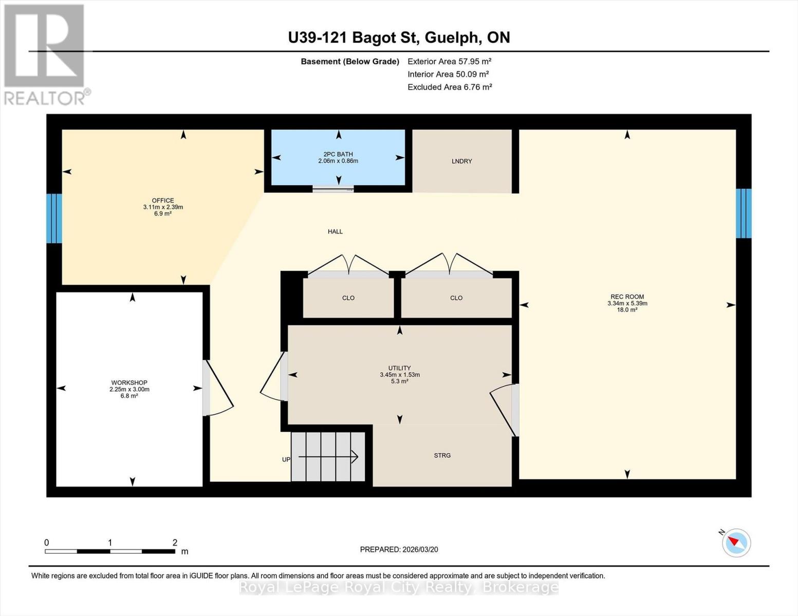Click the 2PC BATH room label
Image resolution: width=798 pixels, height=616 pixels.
tap(338, 154)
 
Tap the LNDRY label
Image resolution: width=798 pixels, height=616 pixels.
tap(461, 161)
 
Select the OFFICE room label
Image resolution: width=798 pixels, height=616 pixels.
tap(163, 201)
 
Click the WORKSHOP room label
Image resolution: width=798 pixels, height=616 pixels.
tap(129, 383)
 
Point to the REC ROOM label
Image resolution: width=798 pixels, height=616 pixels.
tap(627, 297)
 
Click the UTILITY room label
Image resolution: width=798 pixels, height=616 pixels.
tap(399, 368)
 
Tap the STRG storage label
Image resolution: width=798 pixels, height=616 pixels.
tap(442, 455)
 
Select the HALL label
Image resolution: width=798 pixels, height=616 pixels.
tap(335, 232)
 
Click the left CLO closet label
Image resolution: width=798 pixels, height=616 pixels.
tap(348, 298)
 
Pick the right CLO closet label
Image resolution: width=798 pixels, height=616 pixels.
tap(456, 298)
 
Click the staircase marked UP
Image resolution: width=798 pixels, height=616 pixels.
tap(328, 456)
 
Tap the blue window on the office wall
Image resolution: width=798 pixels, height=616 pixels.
tap(54, 218)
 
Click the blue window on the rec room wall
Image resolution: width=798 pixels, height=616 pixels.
tap(744, 214)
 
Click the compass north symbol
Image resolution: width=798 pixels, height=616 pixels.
tap(736, 542)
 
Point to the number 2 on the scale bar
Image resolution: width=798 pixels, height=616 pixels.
tap(175, 543)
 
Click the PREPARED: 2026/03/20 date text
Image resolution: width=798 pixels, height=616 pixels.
tap(399, 549)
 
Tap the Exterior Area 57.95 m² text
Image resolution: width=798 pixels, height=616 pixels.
tap(449, 61)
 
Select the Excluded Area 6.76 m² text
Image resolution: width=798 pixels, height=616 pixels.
tap(450, 87)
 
